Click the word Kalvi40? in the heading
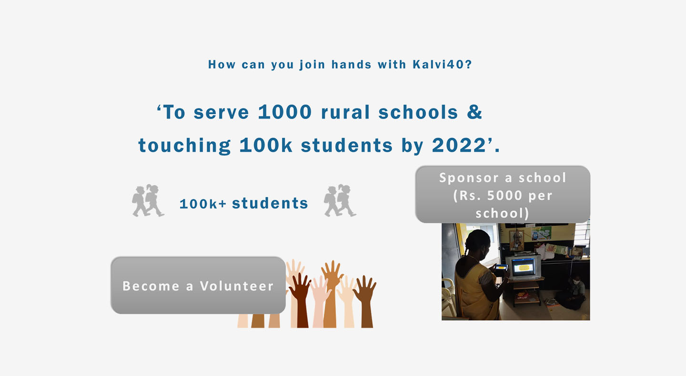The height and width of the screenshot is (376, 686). click(442, 65)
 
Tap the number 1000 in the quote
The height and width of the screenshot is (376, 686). click(285, 112)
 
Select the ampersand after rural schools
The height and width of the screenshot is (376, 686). click(474, 112)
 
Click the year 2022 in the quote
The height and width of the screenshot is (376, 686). click(459, 145)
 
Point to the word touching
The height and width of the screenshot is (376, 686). click(184, 145)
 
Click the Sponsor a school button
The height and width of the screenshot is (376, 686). click(503, 195)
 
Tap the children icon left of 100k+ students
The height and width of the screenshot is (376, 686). click(148, 201)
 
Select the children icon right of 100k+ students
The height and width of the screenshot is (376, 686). click(340, 201)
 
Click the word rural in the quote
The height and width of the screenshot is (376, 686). click(345, 112)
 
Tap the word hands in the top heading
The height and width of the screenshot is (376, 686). click(351, 65)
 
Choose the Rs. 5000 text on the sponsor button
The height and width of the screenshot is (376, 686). click(491, 196)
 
